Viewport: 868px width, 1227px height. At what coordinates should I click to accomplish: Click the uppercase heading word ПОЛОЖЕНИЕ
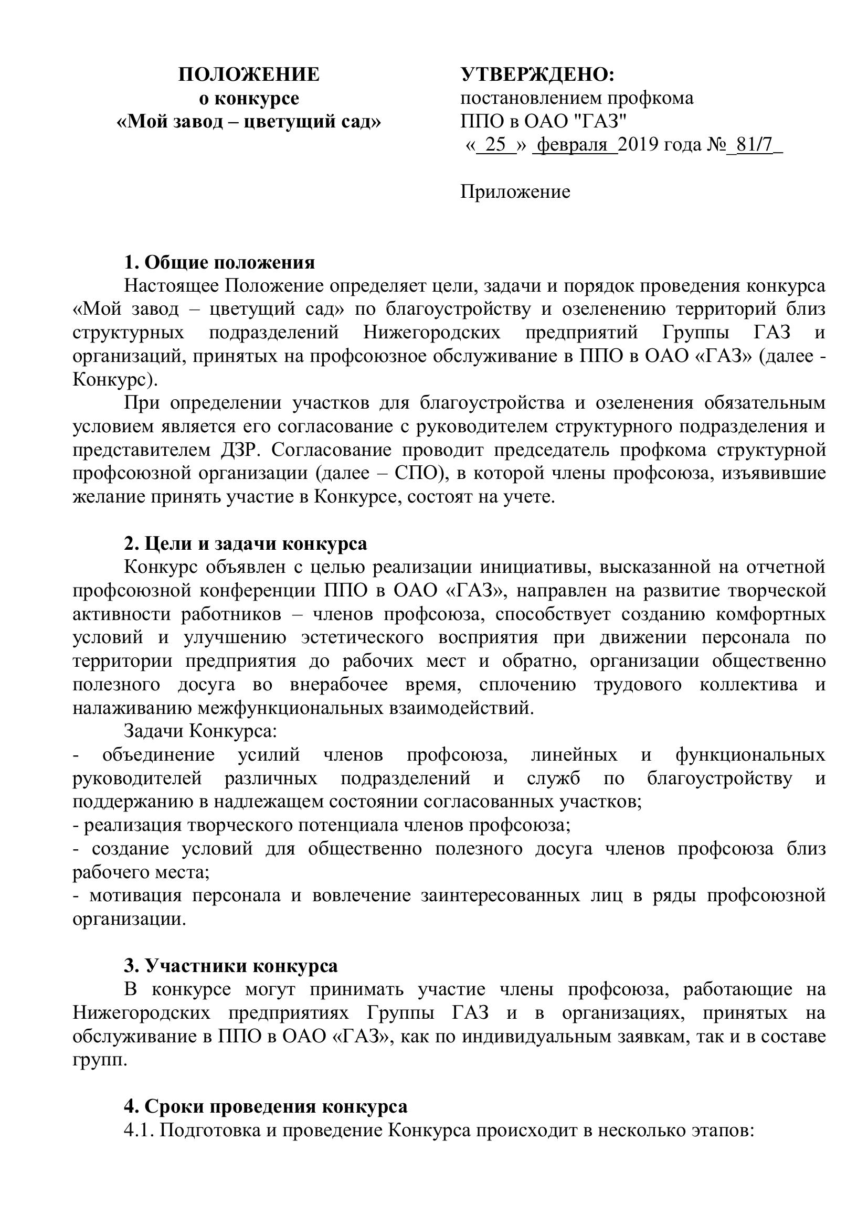tap(249, 75)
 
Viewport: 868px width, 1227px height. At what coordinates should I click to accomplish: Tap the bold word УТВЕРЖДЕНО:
tap(538, 75)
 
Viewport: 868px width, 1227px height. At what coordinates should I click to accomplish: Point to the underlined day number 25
tap(495, 145)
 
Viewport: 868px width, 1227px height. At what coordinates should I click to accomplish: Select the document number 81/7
tap(754, 145)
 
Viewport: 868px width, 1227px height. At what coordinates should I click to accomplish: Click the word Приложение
tap(515, 192)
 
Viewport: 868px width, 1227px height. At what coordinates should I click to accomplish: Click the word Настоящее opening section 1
tap(171, 286)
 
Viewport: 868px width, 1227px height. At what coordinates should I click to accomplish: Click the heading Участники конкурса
tap(241, 966)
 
